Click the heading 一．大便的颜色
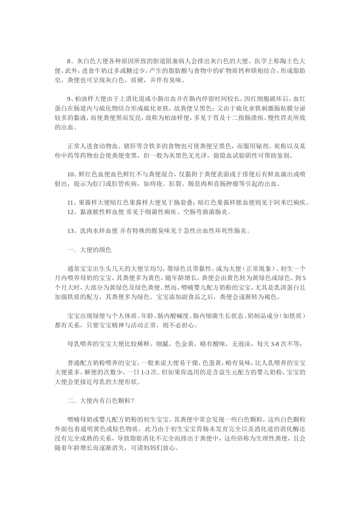pos(89,250)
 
